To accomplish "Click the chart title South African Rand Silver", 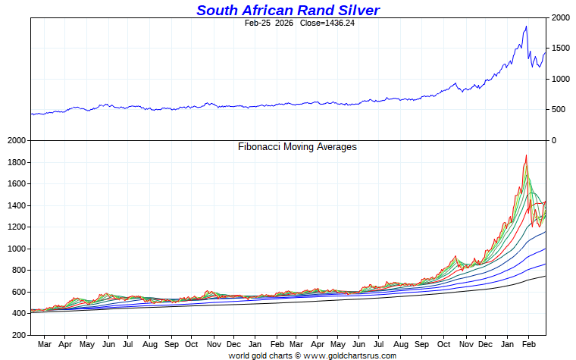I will click(x=288, y=10).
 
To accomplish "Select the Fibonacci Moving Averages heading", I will click(x=297, y=147).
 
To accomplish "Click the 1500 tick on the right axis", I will click(x=562, y=48).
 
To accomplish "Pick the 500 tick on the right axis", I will click(x=559, y=110).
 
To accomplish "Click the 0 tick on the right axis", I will click(x=554, y=140).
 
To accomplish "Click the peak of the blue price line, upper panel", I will click(x=526, y=27).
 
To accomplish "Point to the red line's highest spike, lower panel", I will click(x=526, y=155).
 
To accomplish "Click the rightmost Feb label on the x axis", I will click(x=533, y=344).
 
